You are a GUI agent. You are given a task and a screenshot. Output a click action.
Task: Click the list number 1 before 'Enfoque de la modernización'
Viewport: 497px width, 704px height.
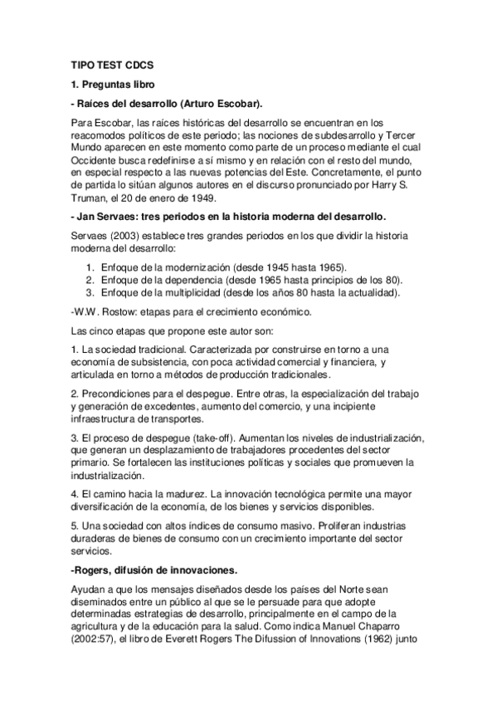90,266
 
